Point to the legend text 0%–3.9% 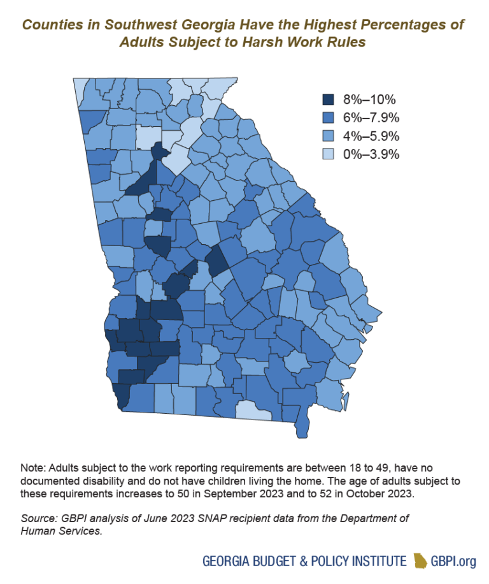pyautogui.click(x=371, y=154)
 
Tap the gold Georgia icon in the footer pyautogui.click(x=422, y=560)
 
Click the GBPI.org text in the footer pyautogui.click(x=455, y=561)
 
